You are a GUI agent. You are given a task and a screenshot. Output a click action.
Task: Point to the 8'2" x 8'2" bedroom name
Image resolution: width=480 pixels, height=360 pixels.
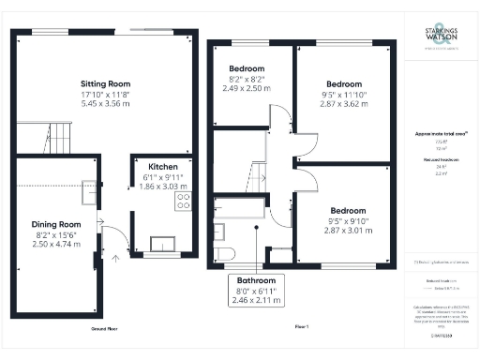pos(247,69)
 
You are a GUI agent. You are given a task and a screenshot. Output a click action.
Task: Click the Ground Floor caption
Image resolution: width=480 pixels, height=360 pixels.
pos(104,329)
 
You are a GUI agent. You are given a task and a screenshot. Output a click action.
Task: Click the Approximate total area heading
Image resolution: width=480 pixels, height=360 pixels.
pos(437,134)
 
